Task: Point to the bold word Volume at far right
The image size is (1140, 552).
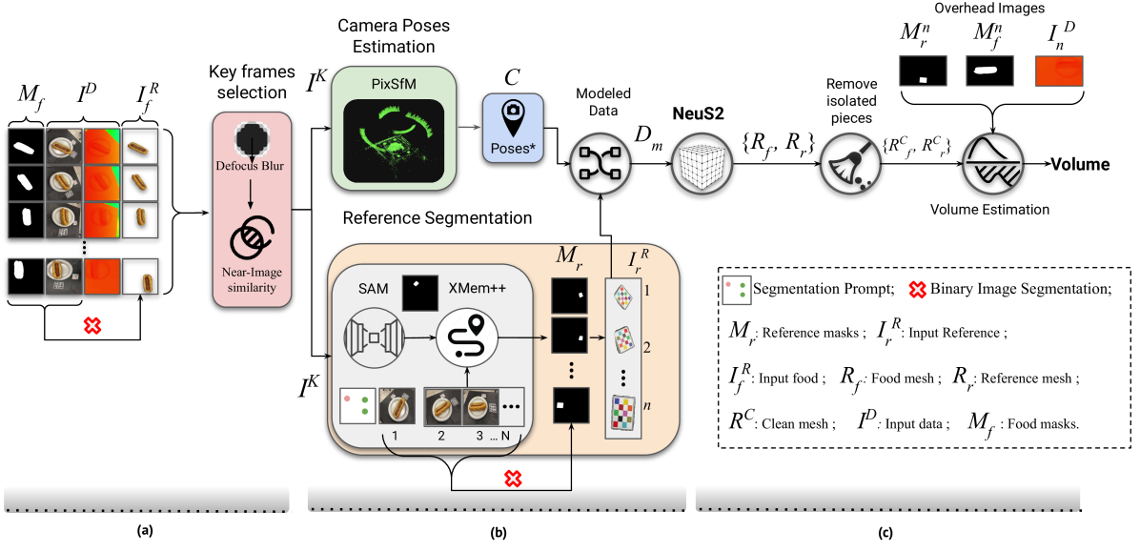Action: [1080, 165]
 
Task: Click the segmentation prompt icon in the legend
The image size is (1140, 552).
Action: [736, 290]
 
